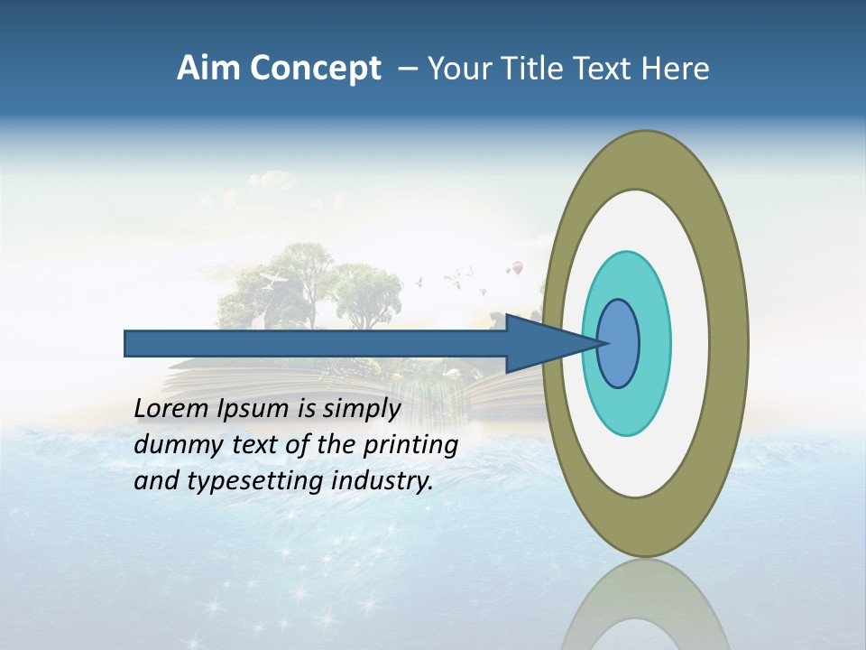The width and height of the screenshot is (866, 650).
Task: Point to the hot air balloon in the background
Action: [517, 267]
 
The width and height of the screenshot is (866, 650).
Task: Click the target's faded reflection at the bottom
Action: [645, 605]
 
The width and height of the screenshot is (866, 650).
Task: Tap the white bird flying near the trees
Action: [273, 279]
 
